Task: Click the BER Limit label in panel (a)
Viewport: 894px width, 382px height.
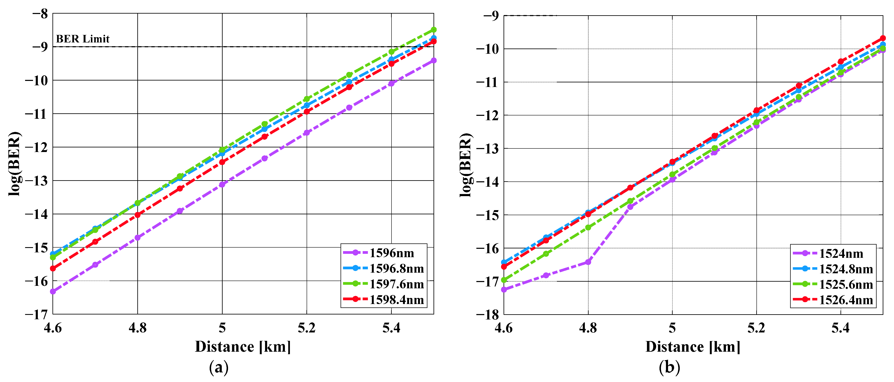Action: tap(83, 39)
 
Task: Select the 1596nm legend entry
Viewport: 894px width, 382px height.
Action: tap(392, 253)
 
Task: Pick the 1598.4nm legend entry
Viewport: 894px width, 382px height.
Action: tap(396, 300)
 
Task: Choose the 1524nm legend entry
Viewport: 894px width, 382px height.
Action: tap(841, 254)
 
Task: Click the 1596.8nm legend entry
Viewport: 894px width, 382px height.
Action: tap(396, 269)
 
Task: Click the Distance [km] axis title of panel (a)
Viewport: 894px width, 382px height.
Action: tap(243, 347)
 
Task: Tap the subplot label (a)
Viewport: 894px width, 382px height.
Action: tap(219, 367)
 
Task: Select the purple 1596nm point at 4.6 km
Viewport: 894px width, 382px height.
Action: tap(53, 292)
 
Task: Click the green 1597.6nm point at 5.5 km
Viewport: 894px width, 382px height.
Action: tap(434, 30)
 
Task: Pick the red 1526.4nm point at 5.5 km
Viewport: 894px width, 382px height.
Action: tap(883, 38)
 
